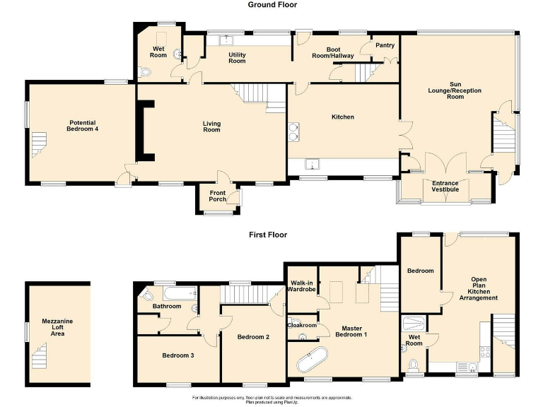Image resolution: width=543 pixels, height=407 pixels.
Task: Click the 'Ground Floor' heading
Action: click(272, 5)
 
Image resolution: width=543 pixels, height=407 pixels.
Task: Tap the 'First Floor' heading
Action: click(272, 235)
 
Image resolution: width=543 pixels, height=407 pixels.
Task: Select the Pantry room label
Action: click(385, 45)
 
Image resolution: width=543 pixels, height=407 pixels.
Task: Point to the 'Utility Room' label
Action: click(237, 57)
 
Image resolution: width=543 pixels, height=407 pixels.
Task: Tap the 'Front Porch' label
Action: click(218, 196)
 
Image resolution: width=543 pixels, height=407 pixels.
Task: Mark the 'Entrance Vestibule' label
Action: click(445, 187)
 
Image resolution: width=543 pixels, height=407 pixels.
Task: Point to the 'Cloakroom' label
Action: click(302, 325)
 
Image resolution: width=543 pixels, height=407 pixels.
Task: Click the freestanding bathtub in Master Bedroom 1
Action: click(313, 360)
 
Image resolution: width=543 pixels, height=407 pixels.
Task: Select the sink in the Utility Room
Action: click(228, 40)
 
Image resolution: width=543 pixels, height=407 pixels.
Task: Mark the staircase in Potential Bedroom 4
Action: click(38, 146)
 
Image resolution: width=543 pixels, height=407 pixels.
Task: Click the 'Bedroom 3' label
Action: click(178, 355)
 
